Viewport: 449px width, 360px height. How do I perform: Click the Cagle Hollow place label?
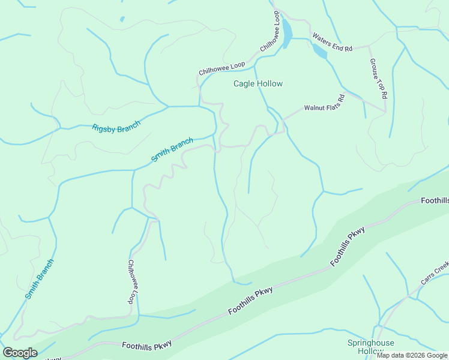(258, 84)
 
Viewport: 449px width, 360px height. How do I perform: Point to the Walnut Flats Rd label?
(324, 103)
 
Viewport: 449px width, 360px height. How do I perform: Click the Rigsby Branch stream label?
(116, 127)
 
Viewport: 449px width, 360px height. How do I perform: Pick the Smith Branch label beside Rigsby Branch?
(172, 150)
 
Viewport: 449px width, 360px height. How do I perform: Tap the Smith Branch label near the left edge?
(40, 279)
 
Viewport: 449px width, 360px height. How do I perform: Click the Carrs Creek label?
(435, 274)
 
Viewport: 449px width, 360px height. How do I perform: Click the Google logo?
(20, 353)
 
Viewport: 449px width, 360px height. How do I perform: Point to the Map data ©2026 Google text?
(412, 355)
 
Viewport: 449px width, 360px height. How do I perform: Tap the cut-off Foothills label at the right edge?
(434, 200)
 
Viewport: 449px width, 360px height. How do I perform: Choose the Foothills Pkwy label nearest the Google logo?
(146, 345)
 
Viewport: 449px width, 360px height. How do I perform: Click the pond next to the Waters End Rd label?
(319, 52)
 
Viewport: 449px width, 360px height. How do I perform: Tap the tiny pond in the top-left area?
(122, 19)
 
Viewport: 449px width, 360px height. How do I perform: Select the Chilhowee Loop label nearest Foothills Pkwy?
(130, 282)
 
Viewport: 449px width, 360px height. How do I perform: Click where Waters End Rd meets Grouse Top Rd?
(369, 46)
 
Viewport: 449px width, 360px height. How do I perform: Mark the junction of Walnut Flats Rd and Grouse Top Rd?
(385, 111)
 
